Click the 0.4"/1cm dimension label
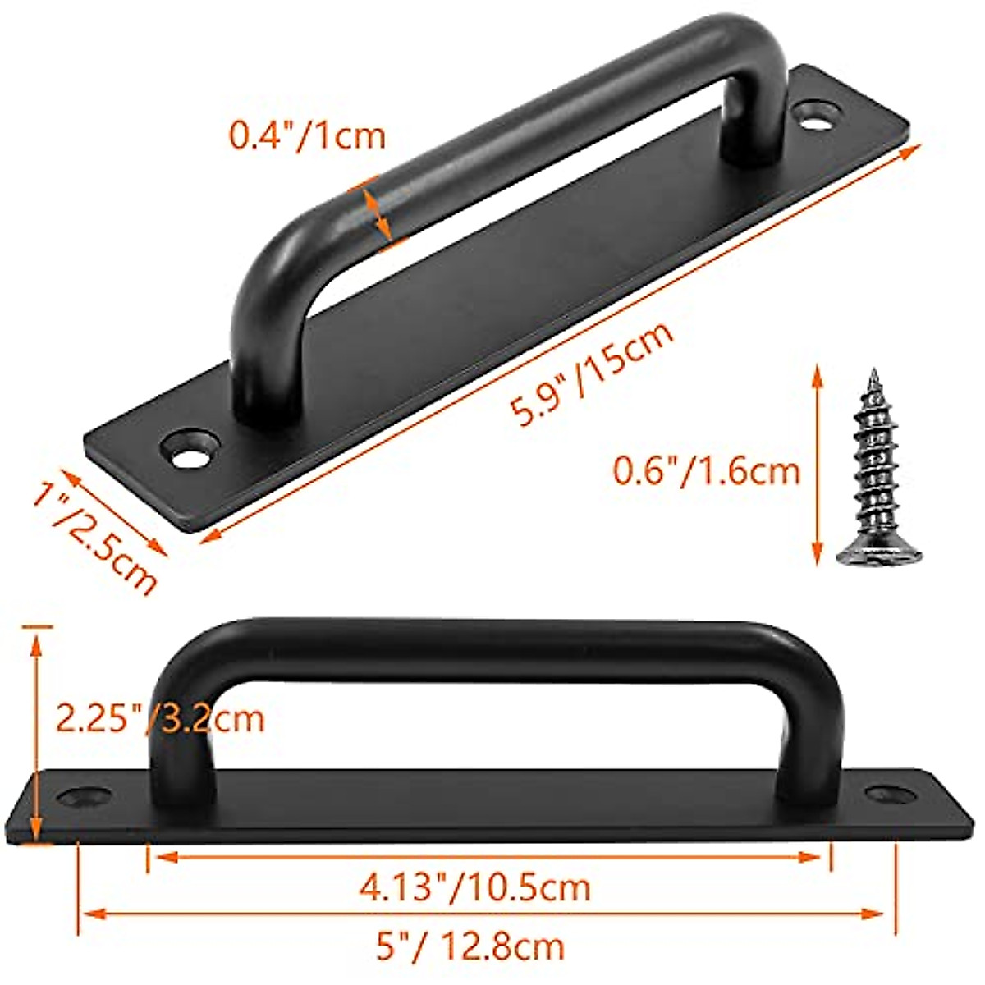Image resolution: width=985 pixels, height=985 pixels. coord(307,134)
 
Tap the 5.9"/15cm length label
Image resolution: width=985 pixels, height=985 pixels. coord(593,373)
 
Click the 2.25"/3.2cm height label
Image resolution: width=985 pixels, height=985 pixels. coord(159,718)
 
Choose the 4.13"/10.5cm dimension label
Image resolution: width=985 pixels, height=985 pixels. coord(474,887)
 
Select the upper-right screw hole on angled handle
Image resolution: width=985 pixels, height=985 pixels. coord(815,115)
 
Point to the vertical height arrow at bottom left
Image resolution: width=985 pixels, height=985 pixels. coord(35,731)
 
